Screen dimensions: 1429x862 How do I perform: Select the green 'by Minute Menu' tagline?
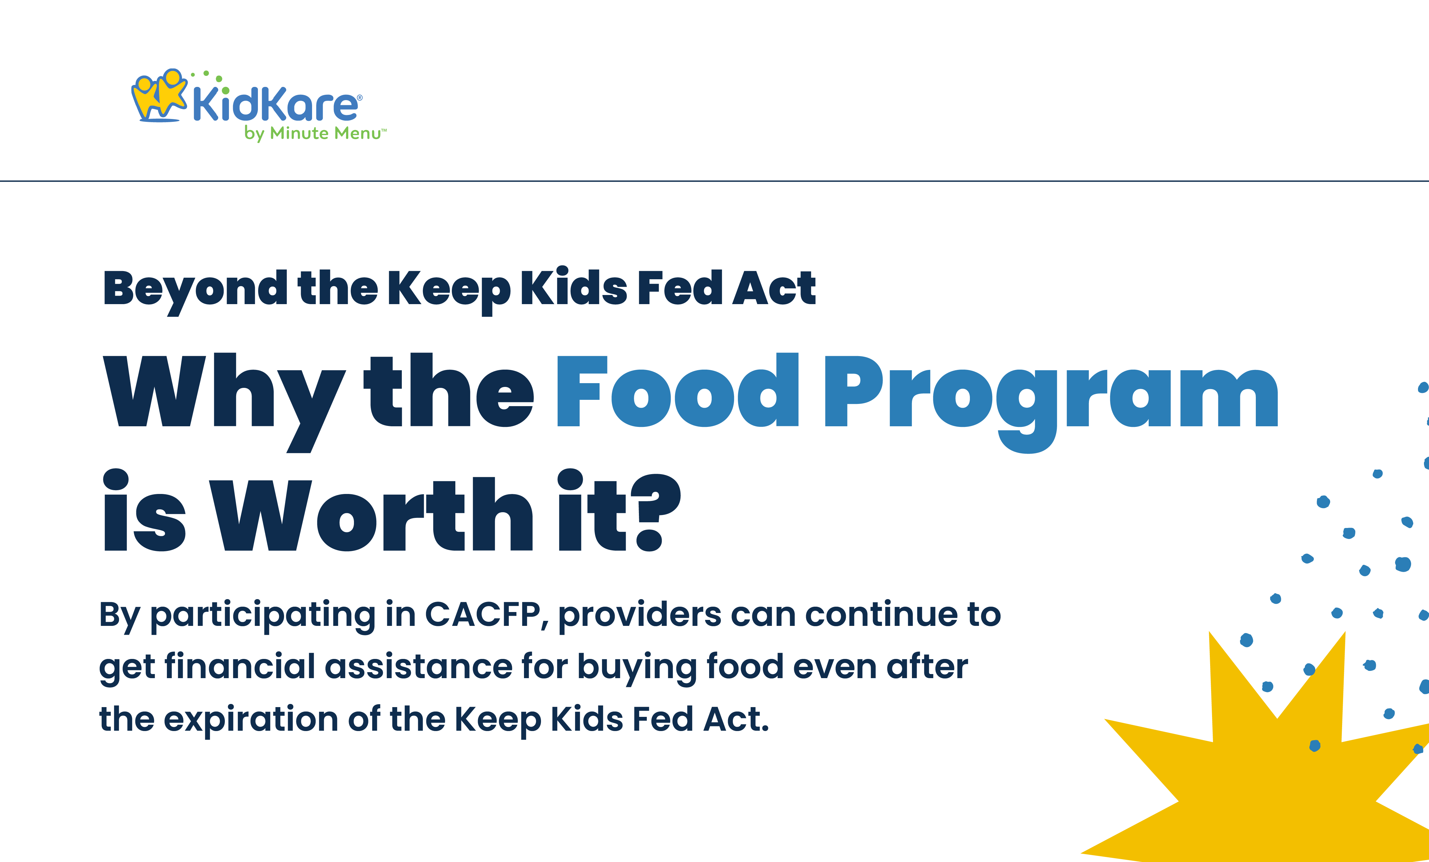point(315,133)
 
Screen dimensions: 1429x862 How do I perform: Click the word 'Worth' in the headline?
point(371,513)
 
